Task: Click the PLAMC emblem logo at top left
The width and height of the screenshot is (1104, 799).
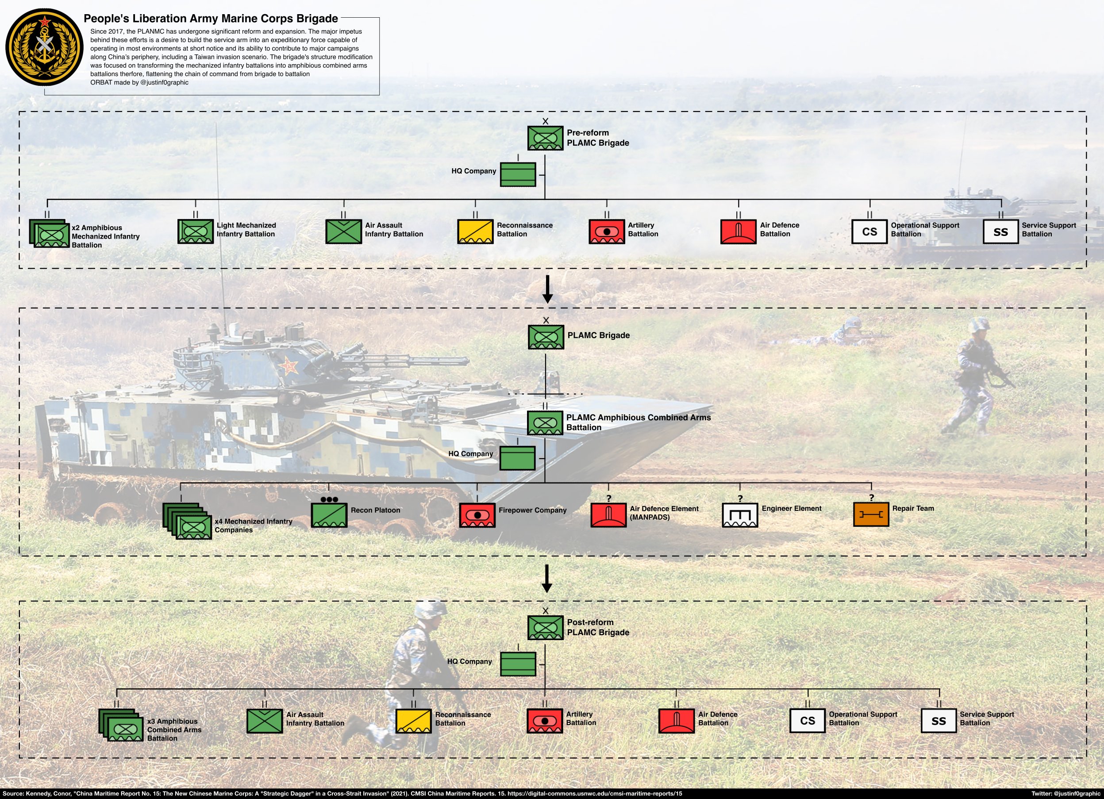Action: coord(44,47)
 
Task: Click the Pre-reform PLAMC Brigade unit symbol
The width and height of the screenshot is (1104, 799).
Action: coord(545,138)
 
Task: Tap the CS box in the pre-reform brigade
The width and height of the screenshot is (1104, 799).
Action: coord(869,232)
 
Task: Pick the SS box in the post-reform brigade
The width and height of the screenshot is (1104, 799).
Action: coord(939,721)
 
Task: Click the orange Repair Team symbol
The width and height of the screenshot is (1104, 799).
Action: coord(871,515)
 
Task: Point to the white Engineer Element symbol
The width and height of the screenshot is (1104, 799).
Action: coord(739,515)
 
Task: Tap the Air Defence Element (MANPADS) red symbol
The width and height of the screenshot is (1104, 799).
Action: coord(608,515)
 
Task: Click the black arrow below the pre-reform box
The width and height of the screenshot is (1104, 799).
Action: coord(548,289)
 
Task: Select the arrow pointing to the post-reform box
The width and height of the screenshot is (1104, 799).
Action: coord(546,579)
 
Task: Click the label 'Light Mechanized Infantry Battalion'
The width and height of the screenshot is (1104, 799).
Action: coord(246,229)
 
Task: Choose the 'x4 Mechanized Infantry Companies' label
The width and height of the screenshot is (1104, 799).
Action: coord(253,525)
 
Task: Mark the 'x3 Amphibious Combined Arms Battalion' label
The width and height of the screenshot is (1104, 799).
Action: coord(174,730)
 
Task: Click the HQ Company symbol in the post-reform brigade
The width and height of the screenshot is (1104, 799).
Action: coord(518,664)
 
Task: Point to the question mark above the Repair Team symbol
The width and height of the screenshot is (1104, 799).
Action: coord(871,498)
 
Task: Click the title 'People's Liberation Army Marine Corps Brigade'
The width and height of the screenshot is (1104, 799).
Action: coord(211,19)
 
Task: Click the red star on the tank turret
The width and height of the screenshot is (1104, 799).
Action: coord(289,364)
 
